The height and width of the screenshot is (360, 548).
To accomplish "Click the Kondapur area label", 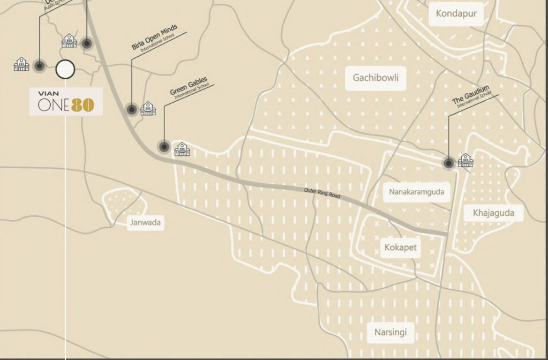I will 456,13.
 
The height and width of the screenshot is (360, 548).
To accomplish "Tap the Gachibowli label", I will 375,77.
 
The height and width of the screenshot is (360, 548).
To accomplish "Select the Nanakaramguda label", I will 416,192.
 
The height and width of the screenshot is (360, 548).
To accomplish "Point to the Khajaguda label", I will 493,213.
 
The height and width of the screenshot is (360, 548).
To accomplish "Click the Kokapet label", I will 400,247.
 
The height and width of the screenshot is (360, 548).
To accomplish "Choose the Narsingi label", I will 390,332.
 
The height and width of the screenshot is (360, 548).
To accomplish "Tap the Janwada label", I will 145,222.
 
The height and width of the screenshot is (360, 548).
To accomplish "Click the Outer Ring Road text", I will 322,193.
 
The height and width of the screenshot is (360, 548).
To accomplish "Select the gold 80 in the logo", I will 83,105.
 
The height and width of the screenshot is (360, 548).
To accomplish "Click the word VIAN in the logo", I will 49,94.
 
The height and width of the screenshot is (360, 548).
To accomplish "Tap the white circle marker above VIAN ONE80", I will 65,69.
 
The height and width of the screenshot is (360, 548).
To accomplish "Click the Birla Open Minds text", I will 154,38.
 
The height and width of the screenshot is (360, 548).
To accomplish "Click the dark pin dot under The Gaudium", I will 449,163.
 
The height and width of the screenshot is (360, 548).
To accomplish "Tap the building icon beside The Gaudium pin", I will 465,160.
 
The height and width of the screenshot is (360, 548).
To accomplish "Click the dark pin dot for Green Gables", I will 164,147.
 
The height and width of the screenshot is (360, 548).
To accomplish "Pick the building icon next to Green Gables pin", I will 182,149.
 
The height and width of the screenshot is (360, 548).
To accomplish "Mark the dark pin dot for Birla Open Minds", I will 132,109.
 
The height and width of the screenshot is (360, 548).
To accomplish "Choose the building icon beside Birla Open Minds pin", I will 148,109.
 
